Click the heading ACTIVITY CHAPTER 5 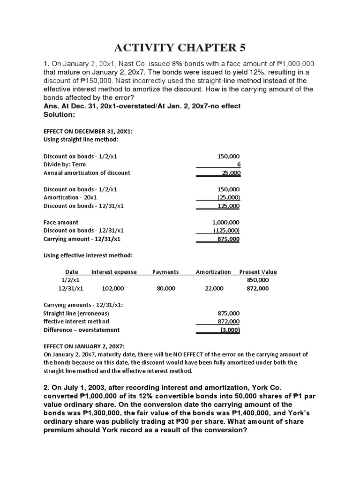[180, 48]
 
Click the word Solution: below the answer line [60, 114]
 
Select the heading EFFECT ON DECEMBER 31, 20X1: [88, 132]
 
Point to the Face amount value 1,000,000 [226, 222]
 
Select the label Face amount [61, 222]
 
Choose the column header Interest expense [114, 272]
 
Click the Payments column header [165, 272]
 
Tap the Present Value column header [258, 272]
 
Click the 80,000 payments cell [166, 288]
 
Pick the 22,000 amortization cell [214, 288]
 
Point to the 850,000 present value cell [258, 280]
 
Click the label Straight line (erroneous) [76, 313]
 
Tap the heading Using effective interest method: [88, 255]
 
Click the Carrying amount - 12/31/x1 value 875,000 [229, 239]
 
